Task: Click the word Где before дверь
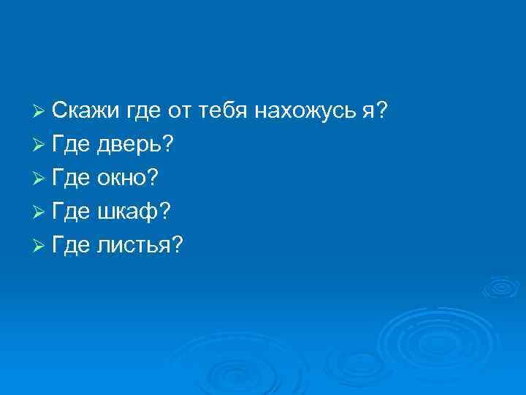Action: [x=70, y=145]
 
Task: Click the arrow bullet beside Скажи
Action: [x=40, y=111]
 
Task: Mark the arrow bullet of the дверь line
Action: [x=40, y=145]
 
